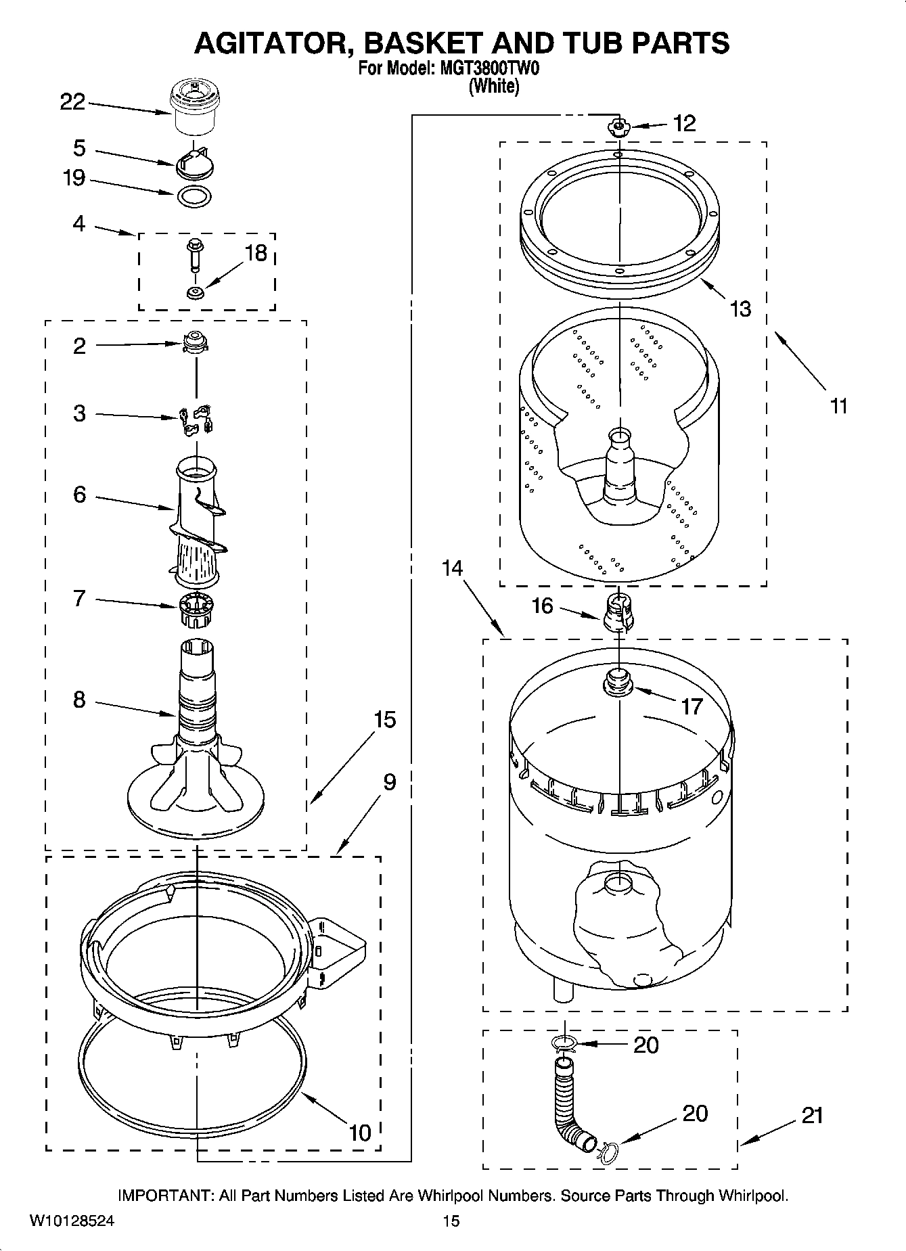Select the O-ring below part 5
[194, 197]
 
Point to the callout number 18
[255, 253]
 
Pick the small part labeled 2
[195, 342]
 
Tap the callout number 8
[79, 700]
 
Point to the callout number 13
[740, 309]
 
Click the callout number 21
[811, 1115]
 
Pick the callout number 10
[360, 1132]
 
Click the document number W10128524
[71, 1222]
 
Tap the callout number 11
[838, 406]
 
